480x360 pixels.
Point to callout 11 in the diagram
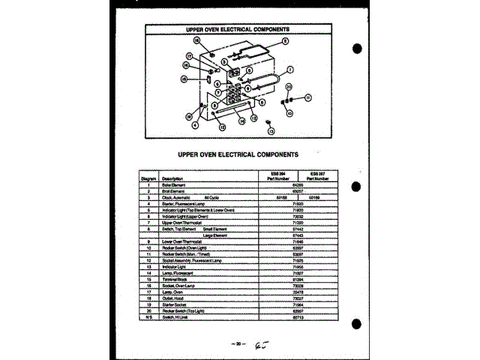[x=307, y=98]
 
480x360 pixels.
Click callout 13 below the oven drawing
[x=271, y=130]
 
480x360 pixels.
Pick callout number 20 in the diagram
[x=289, y=87]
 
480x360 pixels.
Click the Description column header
[x=174, y=178]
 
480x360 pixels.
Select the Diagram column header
[x=148, y=178]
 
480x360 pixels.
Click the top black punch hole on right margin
[x=357, y=49]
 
